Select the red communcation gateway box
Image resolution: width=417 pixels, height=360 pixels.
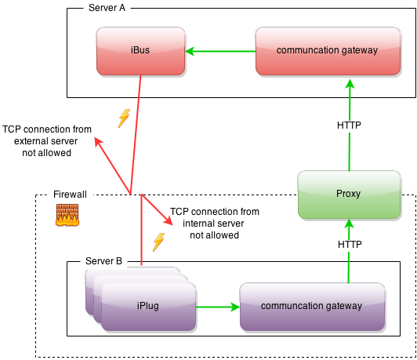tap(327, 51)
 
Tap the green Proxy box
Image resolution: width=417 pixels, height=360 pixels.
tap(348, 194)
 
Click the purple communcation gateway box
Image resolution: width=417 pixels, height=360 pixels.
tap(312, 307)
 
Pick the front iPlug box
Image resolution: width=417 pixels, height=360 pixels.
tap(148, 306)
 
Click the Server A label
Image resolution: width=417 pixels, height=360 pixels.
tap(106, 8)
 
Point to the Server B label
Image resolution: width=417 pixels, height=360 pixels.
tap(103, 260)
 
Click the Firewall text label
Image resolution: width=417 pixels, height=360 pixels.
tap(70, 194)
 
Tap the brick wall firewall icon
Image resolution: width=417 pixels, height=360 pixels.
tap(67, 215)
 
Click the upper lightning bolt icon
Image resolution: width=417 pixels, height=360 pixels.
tap(123, 118)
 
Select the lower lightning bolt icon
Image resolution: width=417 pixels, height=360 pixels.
tap(158, 242)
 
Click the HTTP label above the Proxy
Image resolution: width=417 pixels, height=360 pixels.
tap(349, 125)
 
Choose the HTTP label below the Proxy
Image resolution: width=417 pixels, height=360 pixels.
tap(350, 245)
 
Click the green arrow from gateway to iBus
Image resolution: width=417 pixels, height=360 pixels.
tap(222, 52)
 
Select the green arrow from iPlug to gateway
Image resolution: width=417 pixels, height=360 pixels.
tap(218, 307)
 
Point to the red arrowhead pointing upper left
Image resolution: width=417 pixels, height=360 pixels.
tap(98, 142)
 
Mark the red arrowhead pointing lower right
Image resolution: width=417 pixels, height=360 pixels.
tap(168, 222)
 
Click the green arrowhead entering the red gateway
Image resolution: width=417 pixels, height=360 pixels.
tap(349, 82)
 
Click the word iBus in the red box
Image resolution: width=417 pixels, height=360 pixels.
tap(140, 51)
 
